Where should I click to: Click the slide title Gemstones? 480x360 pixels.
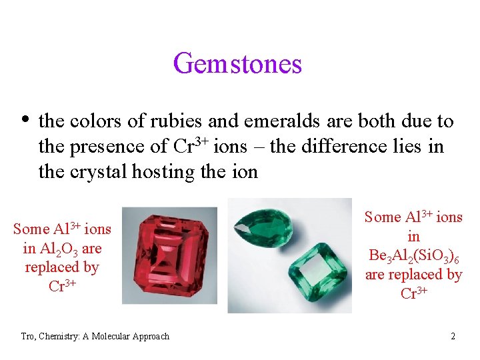pyautogui.click(x=237, y=64)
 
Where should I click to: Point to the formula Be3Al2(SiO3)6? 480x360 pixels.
pyautogui.click(x=413, y=255)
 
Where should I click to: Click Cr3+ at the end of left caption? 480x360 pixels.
pyautogui.click(x=62, y=287)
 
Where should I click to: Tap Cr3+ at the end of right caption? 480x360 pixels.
pyautogui.click(x=413, y=294)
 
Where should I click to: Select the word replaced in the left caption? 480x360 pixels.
pyautogui.click(x=61, y=267)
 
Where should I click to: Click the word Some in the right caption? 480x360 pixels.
pyautogui.click(x=383, y=217)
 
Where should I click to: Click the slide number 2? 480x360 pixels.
pyautogui.click(x=453, y=336)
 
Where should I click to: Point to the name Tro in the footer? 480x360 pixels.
pyautogui.click(x=27, y=336)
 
